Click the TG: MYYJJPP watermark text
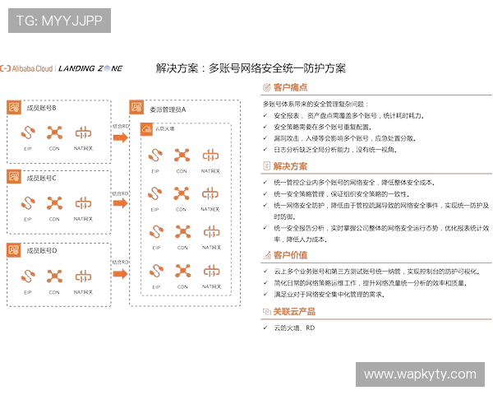(59, 21)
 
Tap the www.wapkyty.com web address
(420, 374)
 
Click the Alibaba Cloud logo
(27, 68)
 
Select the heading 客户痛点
(291, 87)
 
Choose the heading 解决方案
(290, 165)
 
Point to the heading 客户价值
(291, 255)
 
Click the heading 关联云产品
(293, 311)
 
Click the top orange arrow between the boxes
(120, 137)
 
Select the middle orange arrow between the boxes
(120, 202)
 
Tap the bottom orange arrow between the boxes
(120, 272)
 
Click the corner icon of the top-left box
(15, 107)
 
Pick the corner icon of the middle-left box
(15, 176)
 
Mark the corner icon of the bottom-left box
(15, 249)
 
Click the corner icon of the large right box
(136, 107)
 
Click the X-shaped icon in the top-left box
(55, 132)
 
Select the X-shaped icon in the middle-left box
(55, 202)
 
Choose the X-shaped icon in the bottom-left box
(55, 275)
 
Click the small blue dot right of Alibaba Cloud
(107, 68)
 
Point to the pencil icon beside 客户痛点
(267, 87)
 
